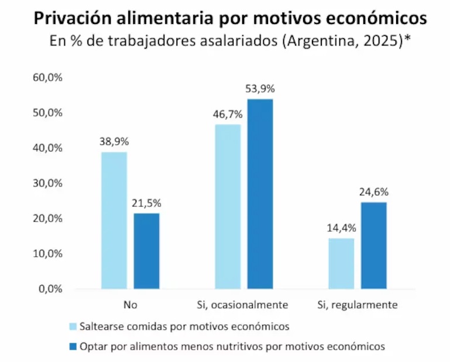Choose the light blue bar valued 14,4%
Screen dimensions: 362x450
(341, 263)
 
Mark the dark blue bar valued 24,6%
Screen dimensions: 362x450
(374, 245)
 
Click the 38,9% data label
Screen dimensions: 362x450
(114, 142)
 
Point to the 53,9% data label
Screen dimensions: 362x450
(260, 89)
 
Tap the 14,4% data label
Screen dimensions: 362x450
(341, 228)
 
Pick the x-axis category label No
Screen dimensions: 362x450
(130, 305)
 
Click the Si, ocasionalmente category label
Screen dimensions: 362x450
(243, 305)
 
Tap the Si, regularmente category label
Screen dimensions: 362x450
(357, 305)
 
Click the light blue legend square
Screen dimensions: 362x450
(73, 326)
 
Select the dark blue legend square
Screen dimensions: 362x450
(73, 346)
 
